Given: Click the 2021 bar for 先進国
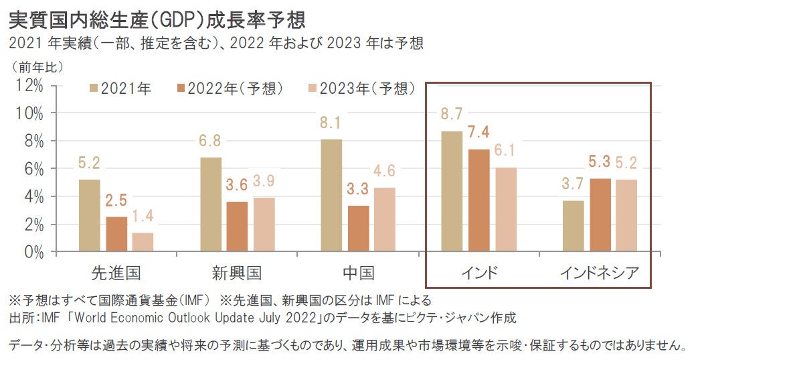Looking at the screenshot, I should point(89,216).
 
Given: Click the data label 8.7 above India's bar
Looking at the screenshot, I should point(451,115).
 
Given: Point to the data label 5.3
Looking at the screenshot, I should point(600,162).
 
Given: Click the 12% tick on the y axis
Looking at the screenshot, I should point(29,85).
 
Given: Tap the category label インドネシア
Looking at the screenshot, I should point(600,273).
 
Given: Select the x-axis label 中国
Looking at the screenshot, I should point(358,273).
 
